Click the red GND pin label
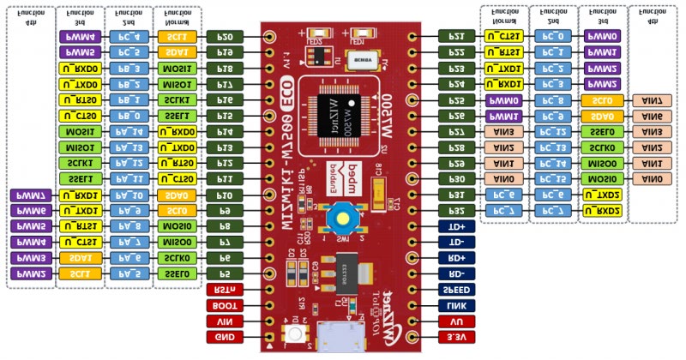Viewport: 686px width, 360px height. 225,338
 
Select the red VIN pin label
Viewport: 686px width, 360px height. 225,321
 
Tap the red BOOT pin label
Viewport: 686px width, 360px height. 225,305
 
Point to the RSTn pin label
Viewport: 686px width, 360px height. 225,290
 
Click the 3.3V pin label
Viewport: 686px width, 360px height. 456,338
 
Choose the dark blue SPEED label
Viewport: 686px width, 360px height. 456,290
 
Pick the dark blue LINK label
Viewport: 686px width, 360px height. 456,305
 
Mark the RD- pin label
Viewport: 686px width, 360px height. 456,273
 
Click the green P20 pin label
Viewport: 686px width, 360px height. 225,37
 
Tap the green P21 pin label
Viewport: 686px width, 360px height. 456,37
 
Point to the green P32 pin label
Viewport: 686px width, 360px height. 456,210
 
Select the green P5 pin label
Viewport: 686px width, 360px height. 225,273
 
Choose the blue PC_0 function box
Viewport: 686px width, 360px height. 551,37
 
